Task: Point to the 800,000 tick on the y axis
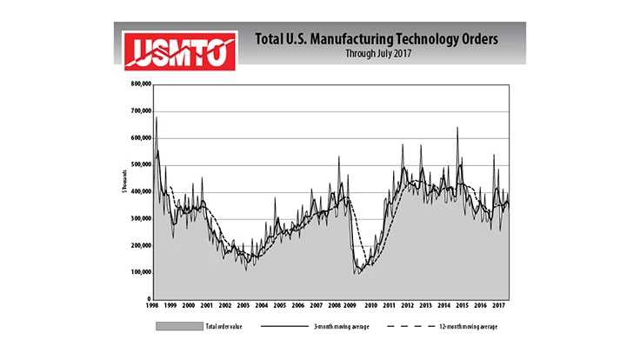pyautogui.click(x=139, y=84)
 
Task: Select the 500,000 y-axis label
pyautogui.click(x=139, y=164)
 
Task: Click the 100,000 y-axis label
pyautogui.click(x=139, y=272)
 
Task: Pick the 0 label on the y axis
pyautogui.click(x=148, y=298)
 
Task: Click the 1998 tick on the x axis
pyautogui.click(x=152, y=306)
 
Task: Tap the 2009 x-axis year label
pyautogui.click(x=353, y=306)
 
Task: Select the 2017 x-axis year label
pyautogui.click(x=499, y=306)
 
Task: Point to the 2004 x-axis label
pyautogui.click(x=262, y=306)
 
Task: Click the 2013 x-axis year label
pyautogui.click(x=426, y=306)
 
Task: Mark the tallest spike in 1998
pyautogui.click(x=156, y=117)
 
